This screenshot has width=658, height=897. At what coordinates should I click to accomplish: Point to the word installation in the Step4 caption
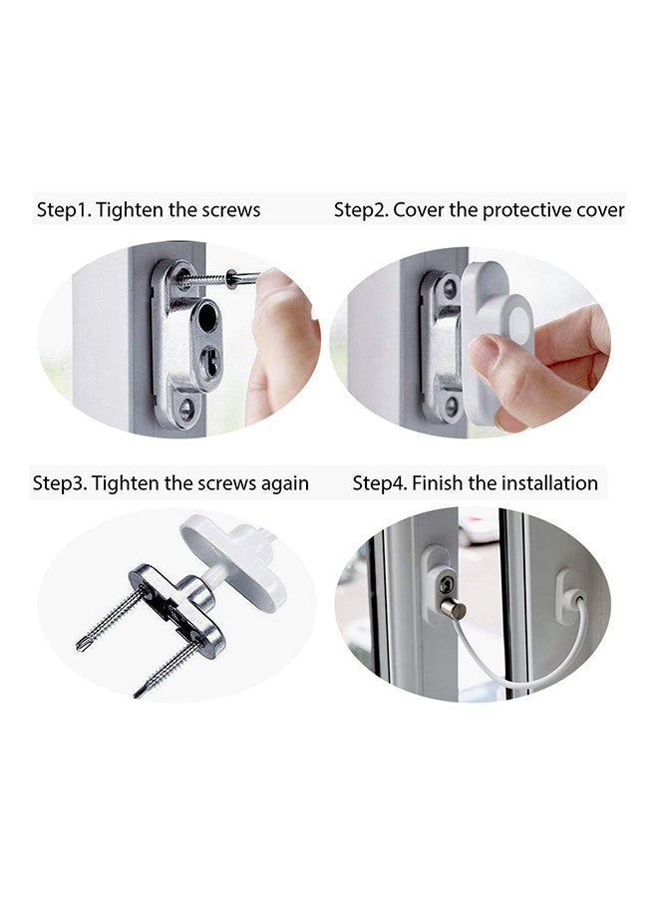pyautogui.click(x=549, y=482)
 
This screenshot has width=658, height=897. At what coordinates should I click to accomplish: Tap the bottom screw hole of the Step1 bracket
pyautogui.click(x=186, y=409)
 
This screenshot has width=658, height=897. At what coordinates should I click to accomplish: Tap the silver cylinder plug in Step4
pyautogui.click(x=454, y=609)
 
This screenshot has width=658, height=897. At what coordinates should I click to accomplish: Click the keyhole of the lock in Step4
pyautogui.click(x=447, y=584)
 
